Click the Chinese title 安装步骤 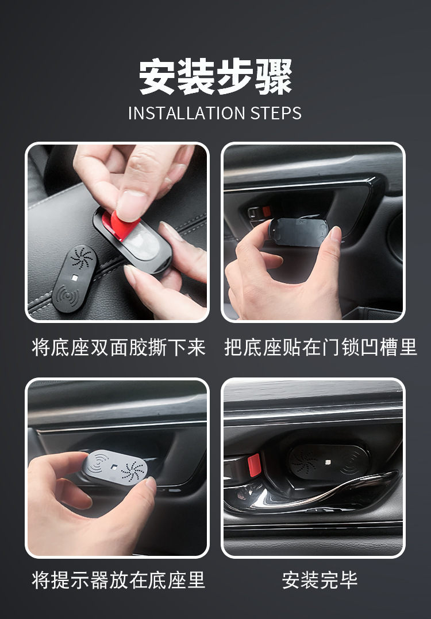215,77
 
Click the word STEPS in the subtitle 276,113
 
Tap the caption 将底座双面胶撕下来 118,348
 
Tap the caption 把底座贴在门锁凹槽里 321,348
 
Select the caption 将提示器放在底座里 118,580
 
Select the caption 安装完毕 320,580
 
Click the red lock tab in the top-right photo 266,212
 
